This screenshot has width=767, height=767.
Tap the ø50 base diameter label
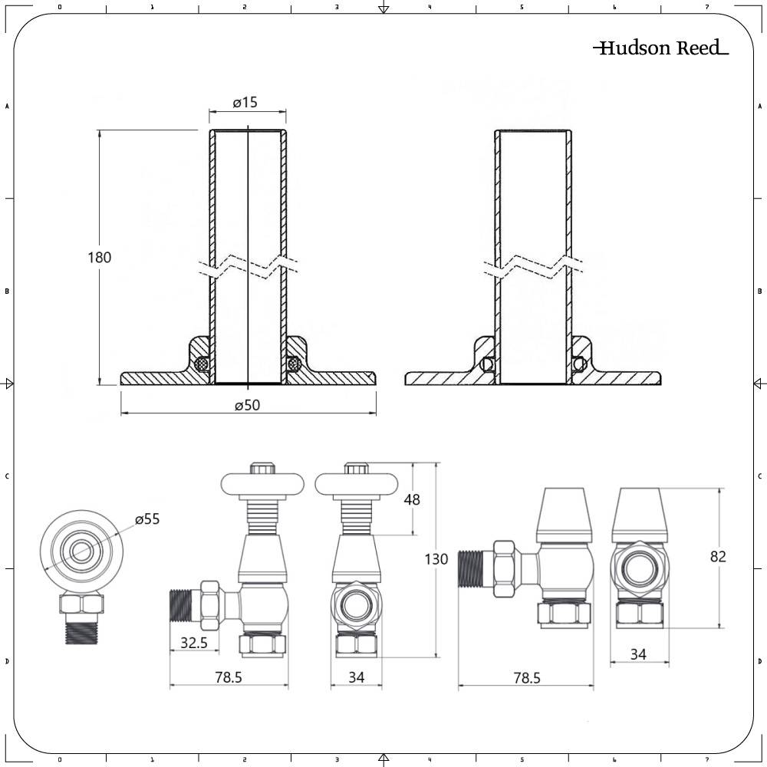click(x=247, y=406)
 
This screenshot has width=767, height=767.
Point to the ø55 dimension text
click(x=147, y=519)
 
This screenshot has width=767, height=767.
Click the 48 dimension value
click(x=412, y=499)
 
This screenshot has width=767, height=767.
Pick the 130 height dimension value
click(x=436, y=559)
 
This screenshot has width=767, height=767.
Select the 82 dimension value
click(x=717, y=557)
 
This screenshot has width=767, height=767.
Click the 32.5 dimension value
click(x=193, y=644)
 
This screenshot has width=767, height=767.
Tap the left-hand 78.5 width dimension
click(x=228, y=678)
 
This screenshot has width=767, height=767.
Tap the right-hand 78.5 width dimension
click(x=525, y=678)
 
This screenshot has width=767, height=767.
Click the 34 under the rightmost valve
click(x=639, y=654)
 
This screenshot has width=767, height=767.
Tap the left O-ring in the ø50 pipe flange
click(x=202, y=364)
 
